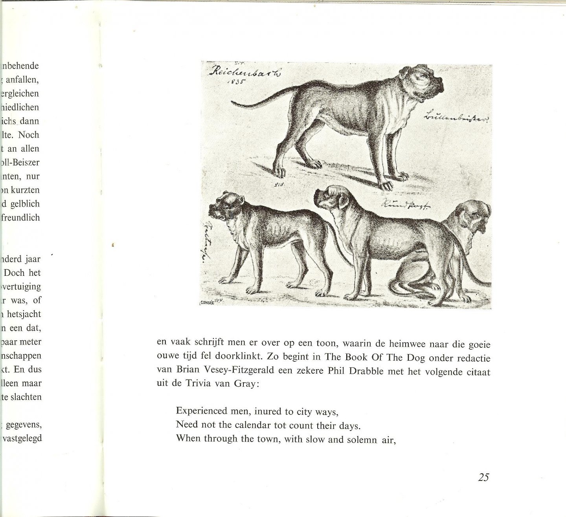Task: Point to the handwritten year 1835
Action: pos(235,82)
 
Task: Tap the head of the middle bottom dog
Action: pos(331,199)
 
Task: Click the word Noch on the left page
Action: pos(29,135)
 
